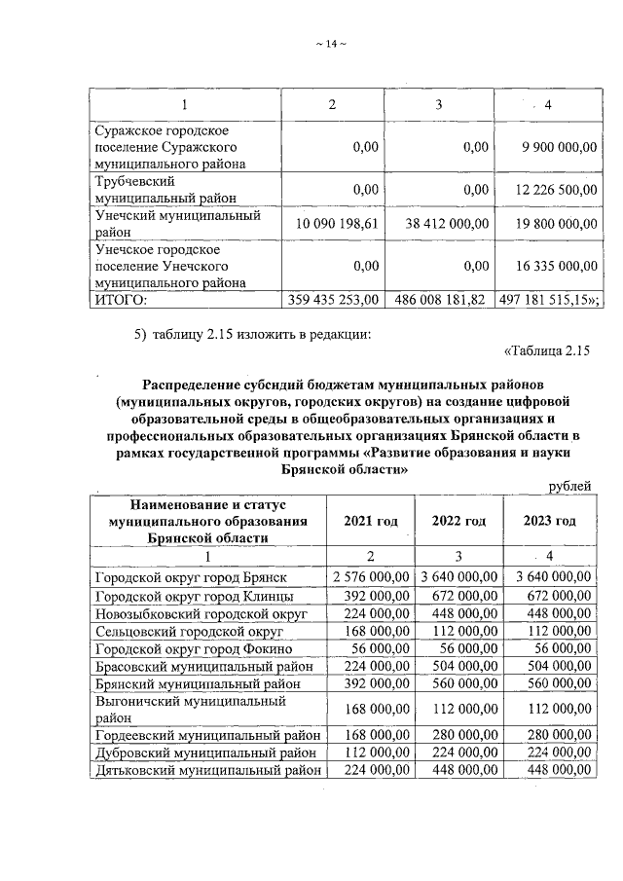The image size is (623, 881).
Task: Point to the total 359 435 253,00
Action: point(334,299)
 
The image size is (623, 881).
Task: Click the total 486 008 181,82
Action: point(440,299)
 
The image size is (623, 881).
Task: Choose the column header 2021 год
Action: point(371,521)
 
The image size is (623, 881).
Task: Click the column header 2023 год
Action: point(550,521)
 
